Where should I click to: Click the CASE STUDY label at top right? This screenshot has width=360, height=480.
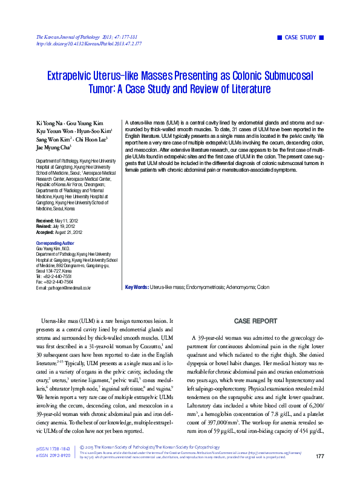coord(301,37)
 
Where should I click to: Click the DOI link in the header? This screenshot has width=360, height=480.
coord(89,44)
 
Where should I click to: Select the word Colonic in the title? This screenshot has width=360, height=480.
coord(250,76)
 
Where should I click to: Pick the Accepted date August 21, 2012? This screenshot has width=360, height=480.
coord(70,232)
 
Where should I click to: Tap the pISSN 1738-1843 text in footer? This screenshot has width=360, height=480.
coord(53,465)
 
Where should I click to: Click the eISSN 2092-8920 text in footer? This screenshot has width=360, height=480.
coord(53,472)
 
